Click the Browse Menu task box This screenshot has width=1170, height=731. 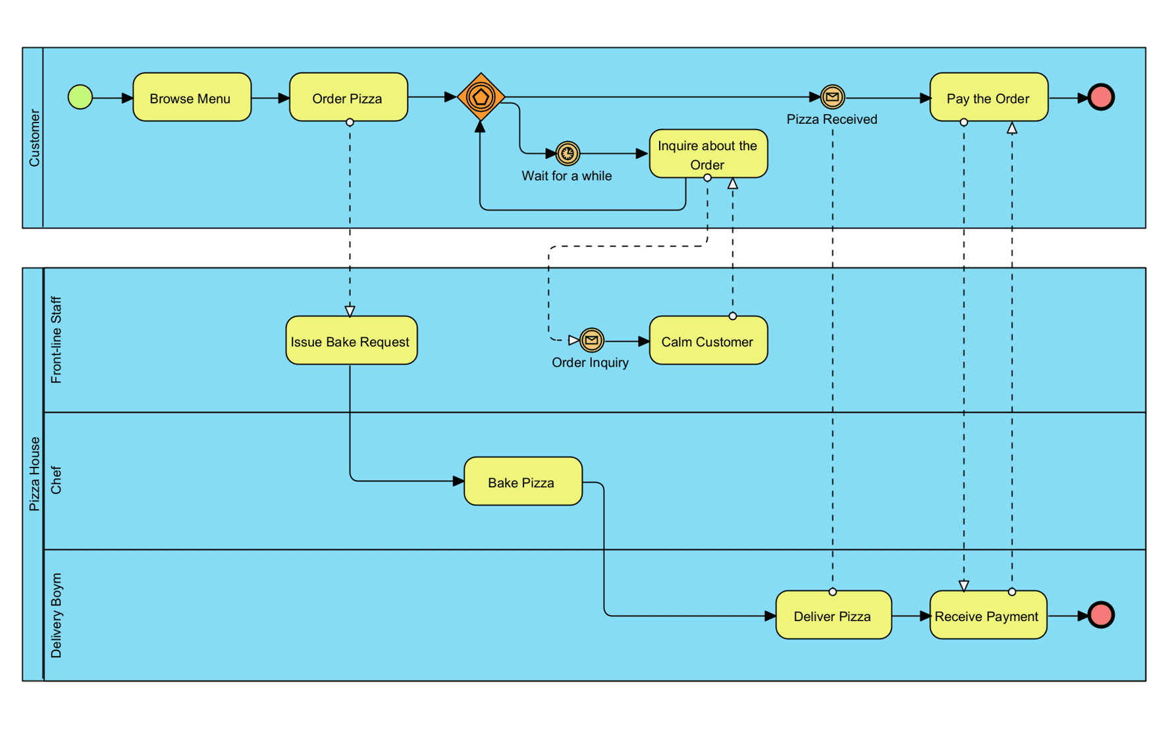click(x=192, y=97)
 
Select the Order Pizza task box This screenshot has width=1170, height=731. click(x=348, y=97)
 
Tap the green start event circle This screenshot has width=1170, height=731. click(x=80, y=97)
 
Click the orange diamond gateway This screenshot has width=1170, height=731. click(x=481, y=97)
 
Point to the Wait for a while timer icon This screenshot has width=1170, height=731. click(x=568, y=153)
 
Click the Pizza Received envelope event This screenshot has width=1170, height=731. click(x=832, y=97)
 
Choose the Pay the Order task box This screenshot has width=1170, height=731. click(x=988, y=97)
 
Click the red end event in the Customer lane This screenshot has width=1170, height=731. click(x=1101, y=97)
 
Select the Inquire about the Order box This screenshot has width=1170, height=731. click(x=708, y=154)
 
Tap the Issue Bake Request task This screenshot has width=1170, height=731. click(x=351, y=340)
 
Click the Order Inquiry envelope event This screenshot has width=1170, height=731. click(x=591, y=340)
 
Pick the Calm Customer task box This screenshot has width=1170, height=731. click(x=708, y=340)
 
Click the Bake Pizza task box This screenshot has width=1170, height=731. click(x=523, y=481)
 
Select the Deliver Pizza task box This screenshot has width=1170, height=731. click(x=833, y=615)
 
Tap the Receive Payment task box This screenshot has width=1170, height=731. click(x=988, y=615)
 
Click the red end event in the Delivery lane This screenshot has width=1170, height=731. click(x=1101, y=614)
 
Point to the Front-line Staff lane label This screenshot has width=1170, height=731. click(x=56, y=340)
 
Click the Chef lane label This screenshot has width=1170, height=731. click(x=56, y=480)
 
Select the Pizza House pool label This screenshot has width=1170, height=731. click(x=34, y=474)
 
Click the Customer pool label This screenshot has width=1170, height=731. click(x=34, y=138)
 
